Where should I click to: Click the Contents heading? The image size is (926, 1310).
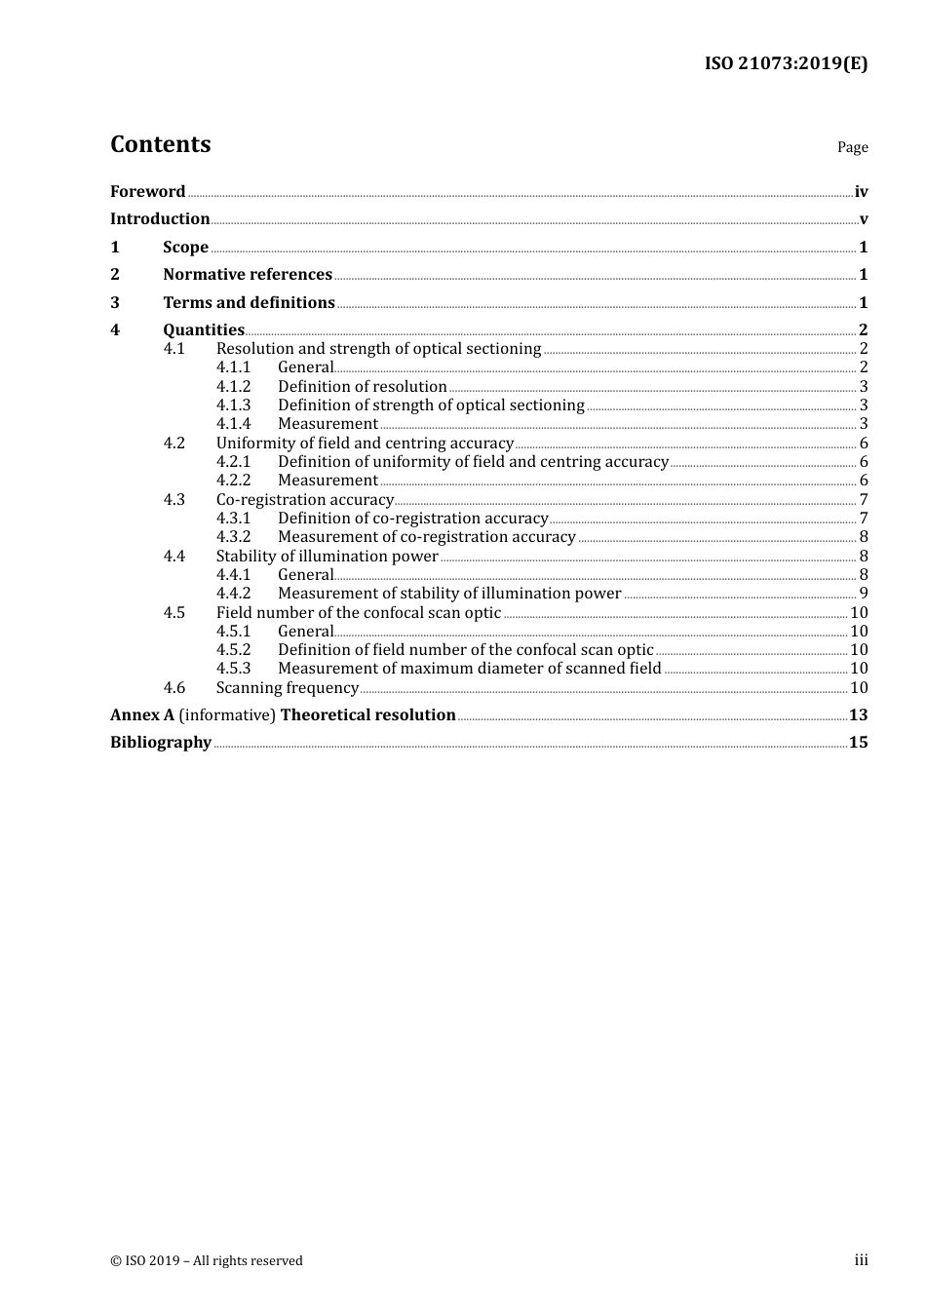pyautogui.click(x=160, y=144)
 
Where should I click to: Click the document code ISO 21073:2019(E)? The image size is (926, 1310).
pyautogui.click(x=786, y=64)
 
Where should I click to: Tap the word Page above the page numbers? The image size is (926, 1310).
pyautogui.click(x=852, y=147)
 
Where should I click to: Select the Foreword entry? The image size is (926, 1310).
pyautogui.click(x=147, y=192)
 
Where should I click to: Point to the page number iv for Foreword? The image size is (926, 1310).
pyautogui.click(x=861, y=192)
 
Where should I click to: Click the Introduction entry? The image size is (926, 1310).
pyautogui.click(x=160, y=219)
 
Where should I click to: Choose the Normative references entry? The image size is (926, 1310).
pyautogui.click(x=248, y=275)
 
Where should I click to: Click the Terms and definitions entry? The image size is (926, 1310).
pyautogui.click(x=249, y=303)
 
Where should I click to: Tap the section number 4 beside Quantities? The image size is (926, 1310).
pyautogui.click(x=115, y=330)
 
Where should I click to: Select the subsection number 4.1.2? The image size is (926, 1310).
pyautogui.click(x=233, y=387)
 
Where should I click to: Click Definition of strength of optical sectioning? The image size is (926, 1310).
pyautogui.click(x=431, y=405)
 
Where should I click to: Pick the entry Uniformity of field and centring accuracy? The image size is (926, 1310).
pyautogui.click(x=365, y=443)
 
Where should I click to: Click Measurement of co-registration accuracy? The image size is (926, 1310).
pyautogui.click(x=427, y=537)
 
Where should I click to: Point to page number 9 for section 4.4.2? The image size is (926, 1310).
pyautogui.click(x=864, y=594)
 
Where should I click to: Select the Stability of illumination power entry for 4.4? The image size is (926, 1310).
pyautogui.click(x=327, y=557)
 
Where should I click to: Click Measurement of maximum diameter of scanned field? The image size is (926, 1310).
pyautogui.click(x=469, y=669)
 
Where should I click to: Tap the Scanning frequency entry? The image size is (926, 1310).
pyautogui.click(x=288, y=688)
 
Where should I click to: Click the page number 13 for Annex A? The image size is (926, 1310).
pyautogui.click(x=858, y=715)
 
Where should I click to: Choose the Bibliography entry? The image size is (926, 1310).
pyautogui.click(x=161, y=743)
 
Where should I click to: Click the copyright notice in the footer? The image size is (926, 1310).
pyautogui.click(x=207, y=1261)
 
